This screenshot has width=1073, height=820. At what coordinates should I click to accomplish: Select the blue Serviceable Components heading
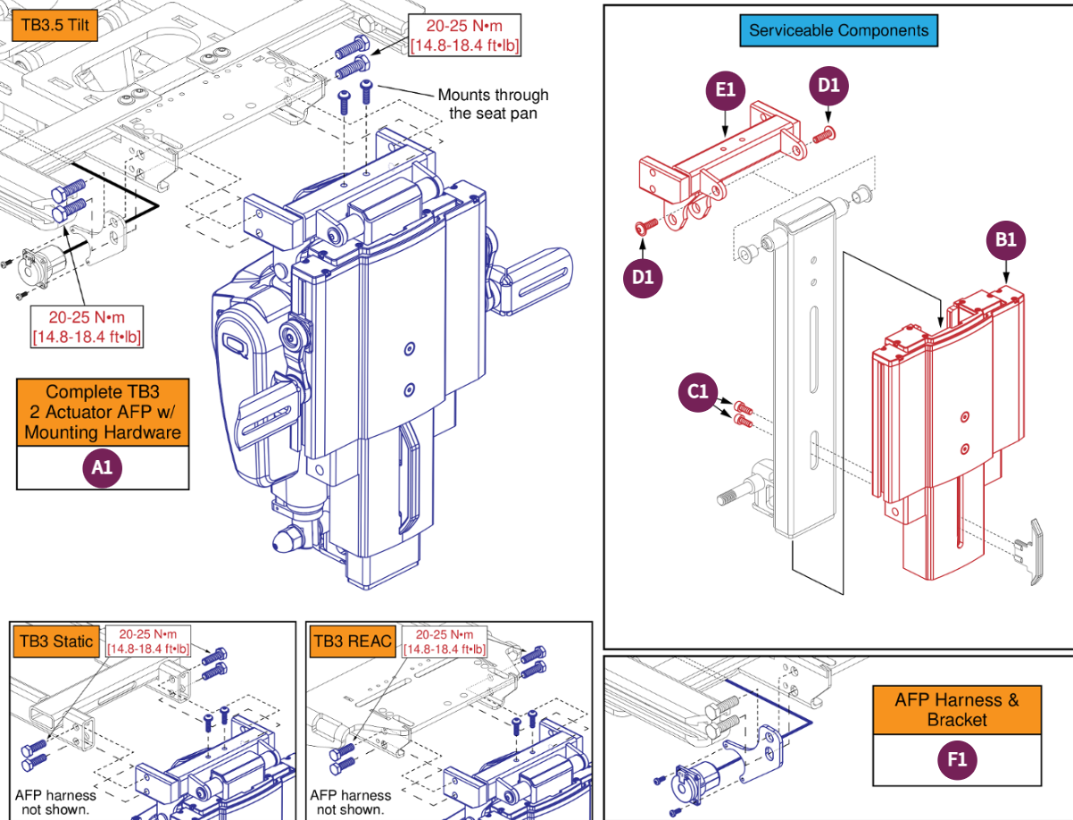click(x=838, y=30)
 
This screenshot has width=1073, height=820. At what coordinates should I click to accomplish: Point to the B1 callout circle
click(x=1006, y=240)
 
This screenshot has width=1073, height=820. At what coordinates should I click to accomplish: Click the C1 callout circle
click(x=698, y=391)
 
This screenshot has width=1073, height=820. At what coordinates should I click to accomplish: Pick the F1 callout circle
click(x=956, y=760)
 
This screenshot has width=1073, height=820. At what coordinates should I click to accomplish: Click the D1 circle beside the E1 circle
click(x=828, y=86)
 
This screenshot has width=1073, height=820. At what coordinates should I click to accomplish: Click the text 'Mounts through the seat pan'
click(x=493, y=104)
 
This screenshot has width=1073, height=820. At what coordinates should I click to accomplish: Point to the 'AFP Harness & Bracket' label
click(x=956, y=709)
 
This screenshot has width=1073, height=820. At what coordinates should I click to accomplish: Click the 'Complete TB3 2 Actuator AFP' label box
click(x=103, y=412)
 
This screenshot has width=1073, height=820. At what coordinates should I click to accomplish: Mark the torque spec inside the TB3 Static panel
click(x=148, y=640)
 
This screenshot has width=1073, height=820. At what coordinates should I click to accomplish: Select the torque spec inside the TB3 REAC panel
click(x=444, y=640)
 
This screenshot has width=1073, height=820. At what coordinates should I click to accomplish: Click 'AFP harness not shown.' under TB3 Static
click(x=55, y=802)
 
